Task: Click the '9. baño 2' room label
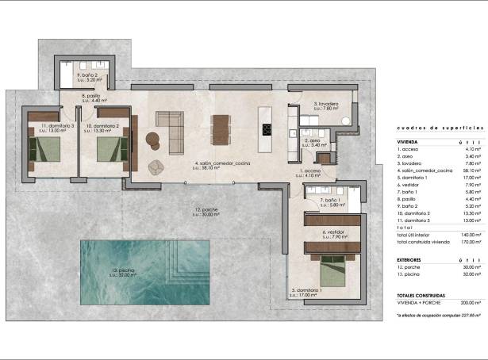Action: click(x=88, y=75)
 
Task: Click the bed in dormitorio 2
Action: click(x=109, y=148)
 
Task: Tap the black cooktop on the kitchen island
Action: click(x=267, y=130)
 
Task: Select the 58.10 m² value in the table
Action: click(x=473, y=170)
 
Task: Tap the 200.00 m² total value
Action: click(x=472, y=302)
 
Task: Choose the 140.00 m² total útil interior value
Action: click(x=472, y=235)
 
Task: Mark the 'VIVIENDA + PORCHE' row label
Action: click(x=417, y=302)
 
